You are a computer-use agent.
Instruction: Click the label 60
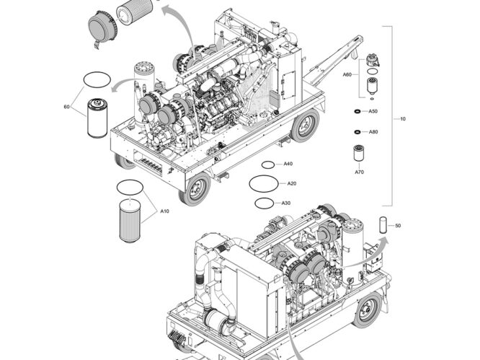pyautogui.click(x=66, y=107)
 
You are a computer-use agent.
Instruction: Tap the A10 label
pyautogui.click(x=164, y=211)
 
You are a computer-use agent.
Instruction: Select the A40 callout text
pyautogui.click(x=288, y=164)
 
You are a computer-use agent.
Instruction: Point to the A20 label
pyautogui.click(x=292, y=183)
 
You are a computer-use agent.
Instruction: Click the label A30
pyautogui.click(x=286, y=203)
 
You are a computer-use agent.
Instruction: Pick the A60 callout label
pyautogui.click(x=347, y=75)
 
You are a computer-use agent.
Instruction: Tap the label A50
pyautogui.click(x=373, y=112)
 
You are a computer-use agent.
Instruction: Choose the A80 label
pyautogui.click(x=373, y=132)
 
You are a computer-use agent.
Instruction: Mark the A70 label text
pyautogui.click(x=358, y=172)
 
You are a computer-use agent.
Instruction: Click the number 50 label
pyautogui.click(x=398, y=226)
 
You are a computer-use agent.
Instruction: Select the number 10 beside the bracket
pyautogui.click(x=402, y=118)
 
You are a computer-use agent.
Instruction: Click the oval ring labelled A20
pyautogui.click(x=262, y=184)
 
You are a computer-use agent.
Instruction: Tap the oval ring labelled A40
pyautogui.click(x=267, y=164)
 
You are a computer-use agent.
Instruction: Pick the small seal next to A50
pyautogui.click(x=357, y=112)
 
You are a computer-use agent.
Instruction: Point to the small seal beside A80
pyautogui.click(x=357, y=132)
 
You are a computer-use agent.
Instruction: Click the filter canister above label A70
pyautogui.click(x=358, y=154)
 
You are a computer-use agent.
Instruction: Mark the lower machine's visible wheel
pyautogui.click(x=367, y=309)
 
